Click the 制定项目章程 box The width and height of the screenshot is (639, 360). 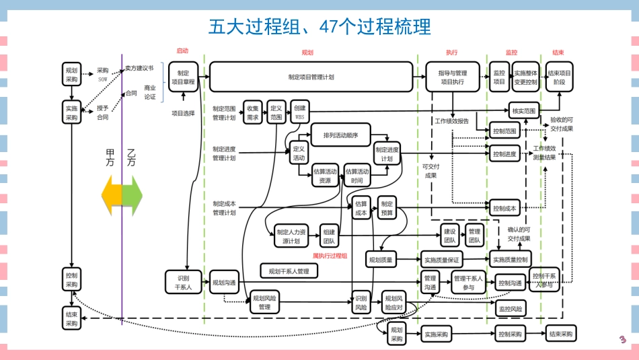[182, 77]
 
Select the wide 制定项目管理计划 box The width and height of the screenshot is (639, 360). [311, 77]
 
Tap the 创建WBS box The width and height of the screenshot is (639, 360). [299, 112]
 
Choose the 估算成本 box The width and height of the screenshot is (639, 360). [361, 208]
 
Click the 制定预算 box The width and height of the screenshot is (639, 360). [387, 208]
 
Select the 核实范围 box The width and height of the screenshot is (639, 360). [523, 110]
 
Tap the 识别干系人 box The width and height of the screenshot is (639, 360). [184, 283]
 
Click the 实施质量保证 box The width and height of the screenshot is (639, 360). [441, 259]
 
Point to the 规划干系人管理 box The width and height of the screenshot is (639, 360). [289, 271]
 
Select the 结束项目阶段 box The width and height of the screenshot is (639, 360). [560, 77]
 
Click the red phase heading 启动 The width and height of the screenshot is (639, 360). [182, 51]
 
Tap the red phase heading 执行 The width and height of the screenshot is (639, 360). [451, 52]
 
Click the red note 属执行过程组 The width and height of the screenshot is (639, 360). [330, 255]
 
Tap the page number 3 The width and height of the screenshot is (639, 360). [623, 339]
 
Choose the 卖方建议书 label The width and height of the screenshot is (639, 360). [139, 68]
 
